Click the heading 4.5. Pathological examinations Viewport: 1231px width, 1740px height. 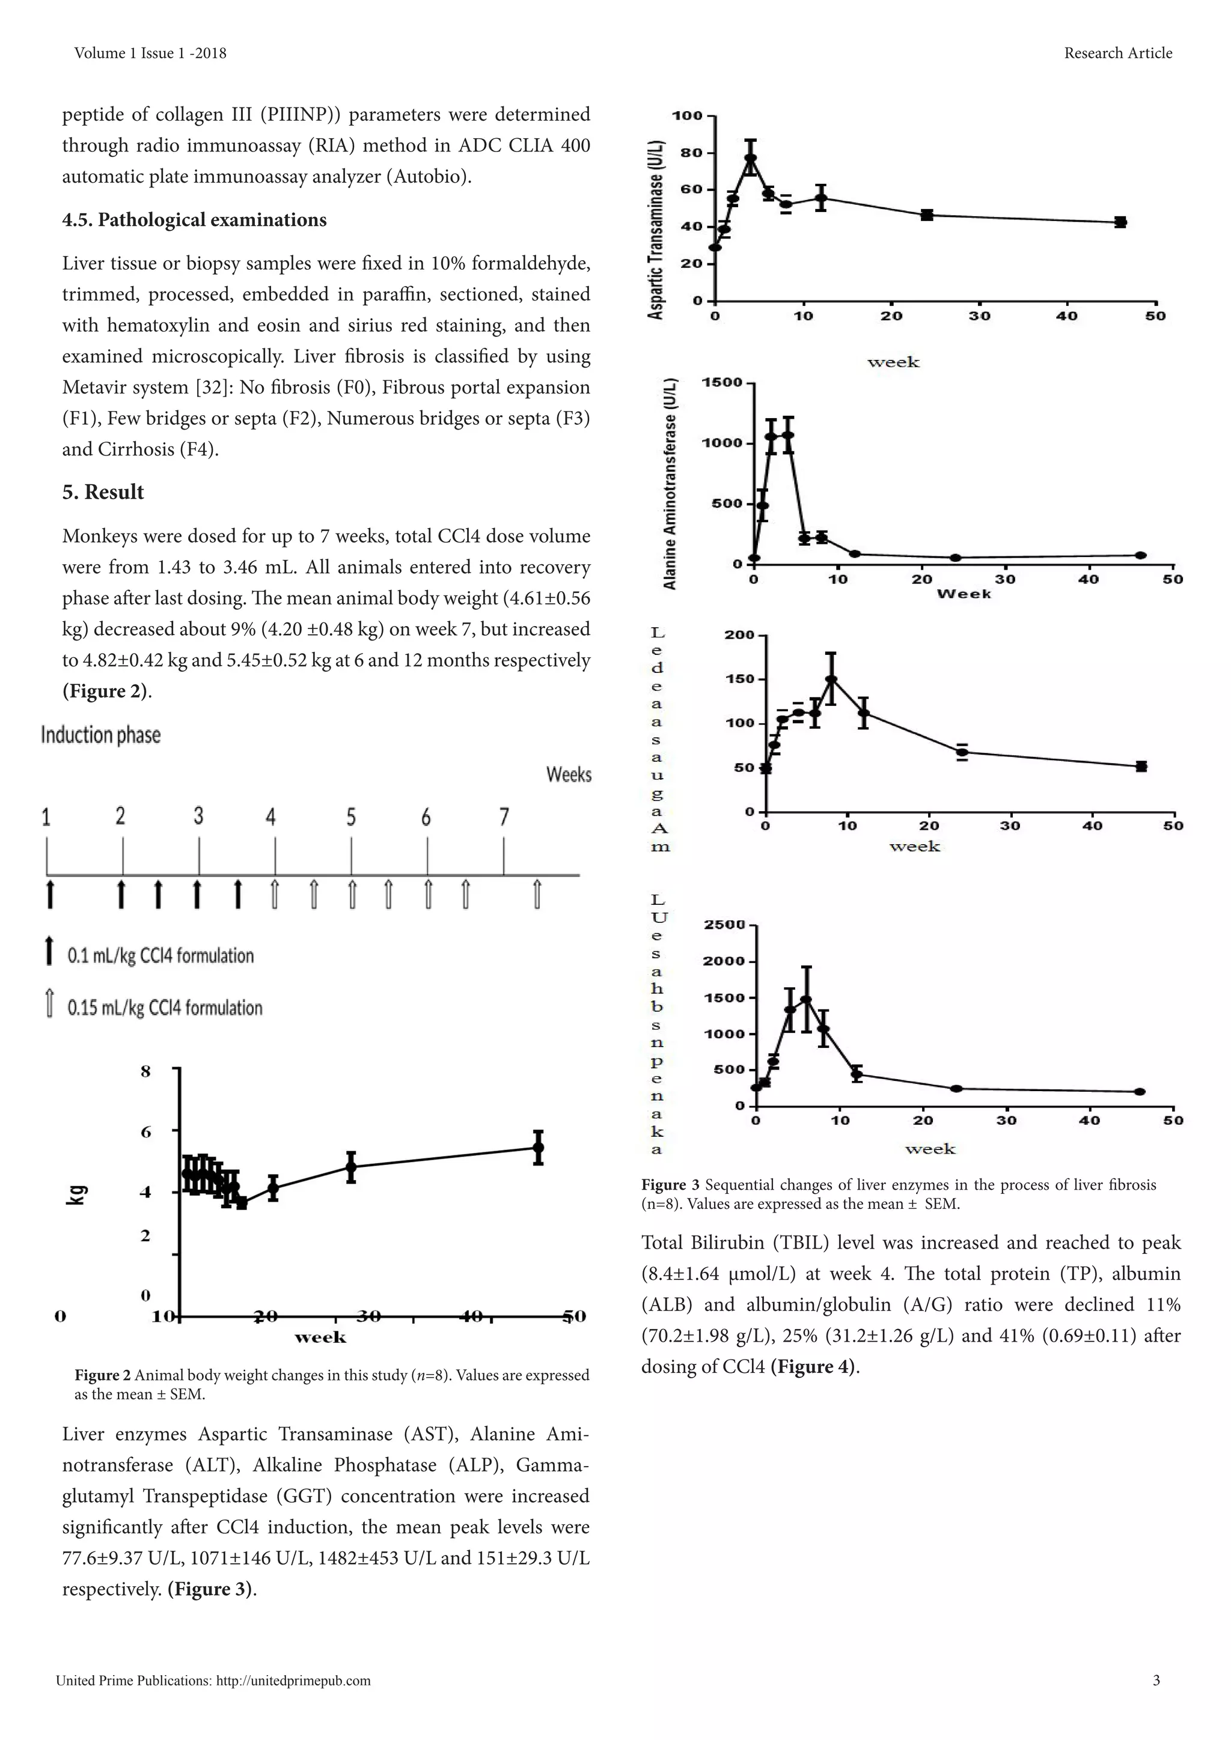click(194, 220)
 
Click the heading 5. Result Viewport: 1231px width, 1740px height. click(103, 492)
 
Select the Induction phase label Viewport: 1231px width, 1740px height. click(101, 735)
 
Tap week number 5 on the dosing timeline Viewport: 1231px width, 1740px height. click(351, 817)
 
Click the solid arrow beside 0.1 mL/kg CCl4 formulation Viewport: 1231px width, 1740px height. click(50, 951)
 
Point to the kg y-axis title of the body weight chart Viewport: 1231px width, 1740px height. click(79, 1194)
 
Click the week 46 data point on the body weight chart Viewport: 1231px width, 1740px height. click(538, 1148)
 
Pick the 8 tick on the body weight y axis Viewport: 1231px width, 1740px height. click(145, 1071)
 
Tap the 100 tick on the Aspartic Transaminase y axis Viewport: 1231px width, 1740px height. click(688, 116)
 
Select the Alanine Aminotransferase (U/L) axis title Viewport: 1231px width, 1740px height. click(670, 484)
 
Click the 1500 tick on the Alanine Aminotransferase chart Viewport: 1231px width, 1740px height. click(722, 383)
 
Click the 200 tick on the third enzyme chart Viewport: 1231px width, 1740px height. click(739, 635)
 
